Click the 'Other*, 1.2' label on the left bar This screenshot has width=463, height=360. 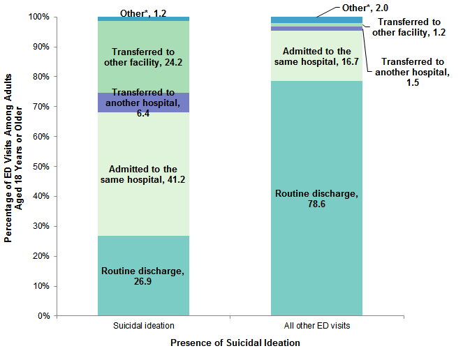144,13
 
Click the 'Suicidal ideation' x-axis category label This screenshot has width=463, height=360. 143,326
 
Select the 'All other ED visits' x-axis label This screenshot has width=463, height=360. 316,326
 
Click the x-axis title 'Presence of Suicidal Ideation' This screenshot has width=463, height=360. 235,343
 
